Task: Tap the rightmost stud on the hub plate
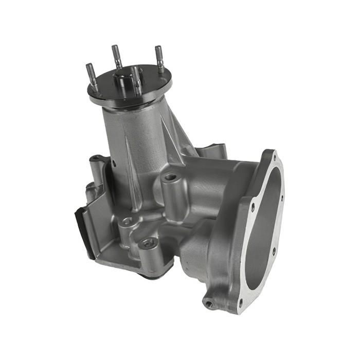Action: [x=159, y=58]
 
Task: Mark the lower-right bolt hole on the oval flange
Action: [x=274, y=251]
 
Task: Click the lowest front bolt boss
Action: [x=148, y=244]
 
